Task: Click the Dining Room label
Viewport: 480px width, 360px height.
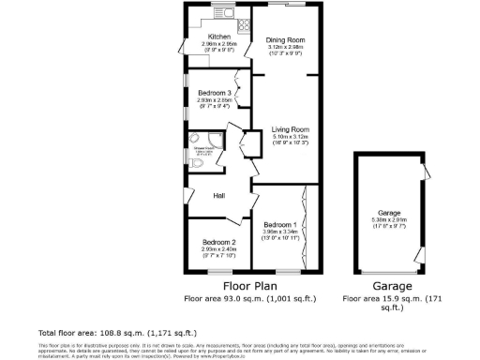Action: click(286, 40)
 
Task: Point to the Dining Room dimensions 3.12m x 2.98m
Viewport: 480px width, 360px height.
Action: click(286, 48)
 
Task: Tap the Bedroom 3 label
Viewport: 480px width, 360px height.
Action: click(214, 93)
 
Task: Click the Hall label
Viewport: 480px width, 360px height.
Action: click(217, 196)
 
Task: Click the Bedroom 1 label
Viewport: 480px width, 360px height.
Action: click(280, 225)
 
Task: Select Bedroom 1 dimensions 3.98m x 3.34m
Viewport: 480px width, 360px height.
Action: click(280, 232)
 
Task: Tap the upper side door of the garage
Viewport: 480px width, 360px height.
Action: click(425, 172)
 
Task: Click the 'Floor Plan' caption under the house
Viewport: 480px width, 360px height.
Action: click(251, 286)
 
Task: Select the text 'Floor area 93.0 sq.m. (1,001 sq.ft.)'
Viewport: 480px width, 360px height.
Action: click(251, 299)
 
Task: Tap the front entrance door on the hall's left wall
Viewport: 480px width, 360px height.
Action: click(185, 198)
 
